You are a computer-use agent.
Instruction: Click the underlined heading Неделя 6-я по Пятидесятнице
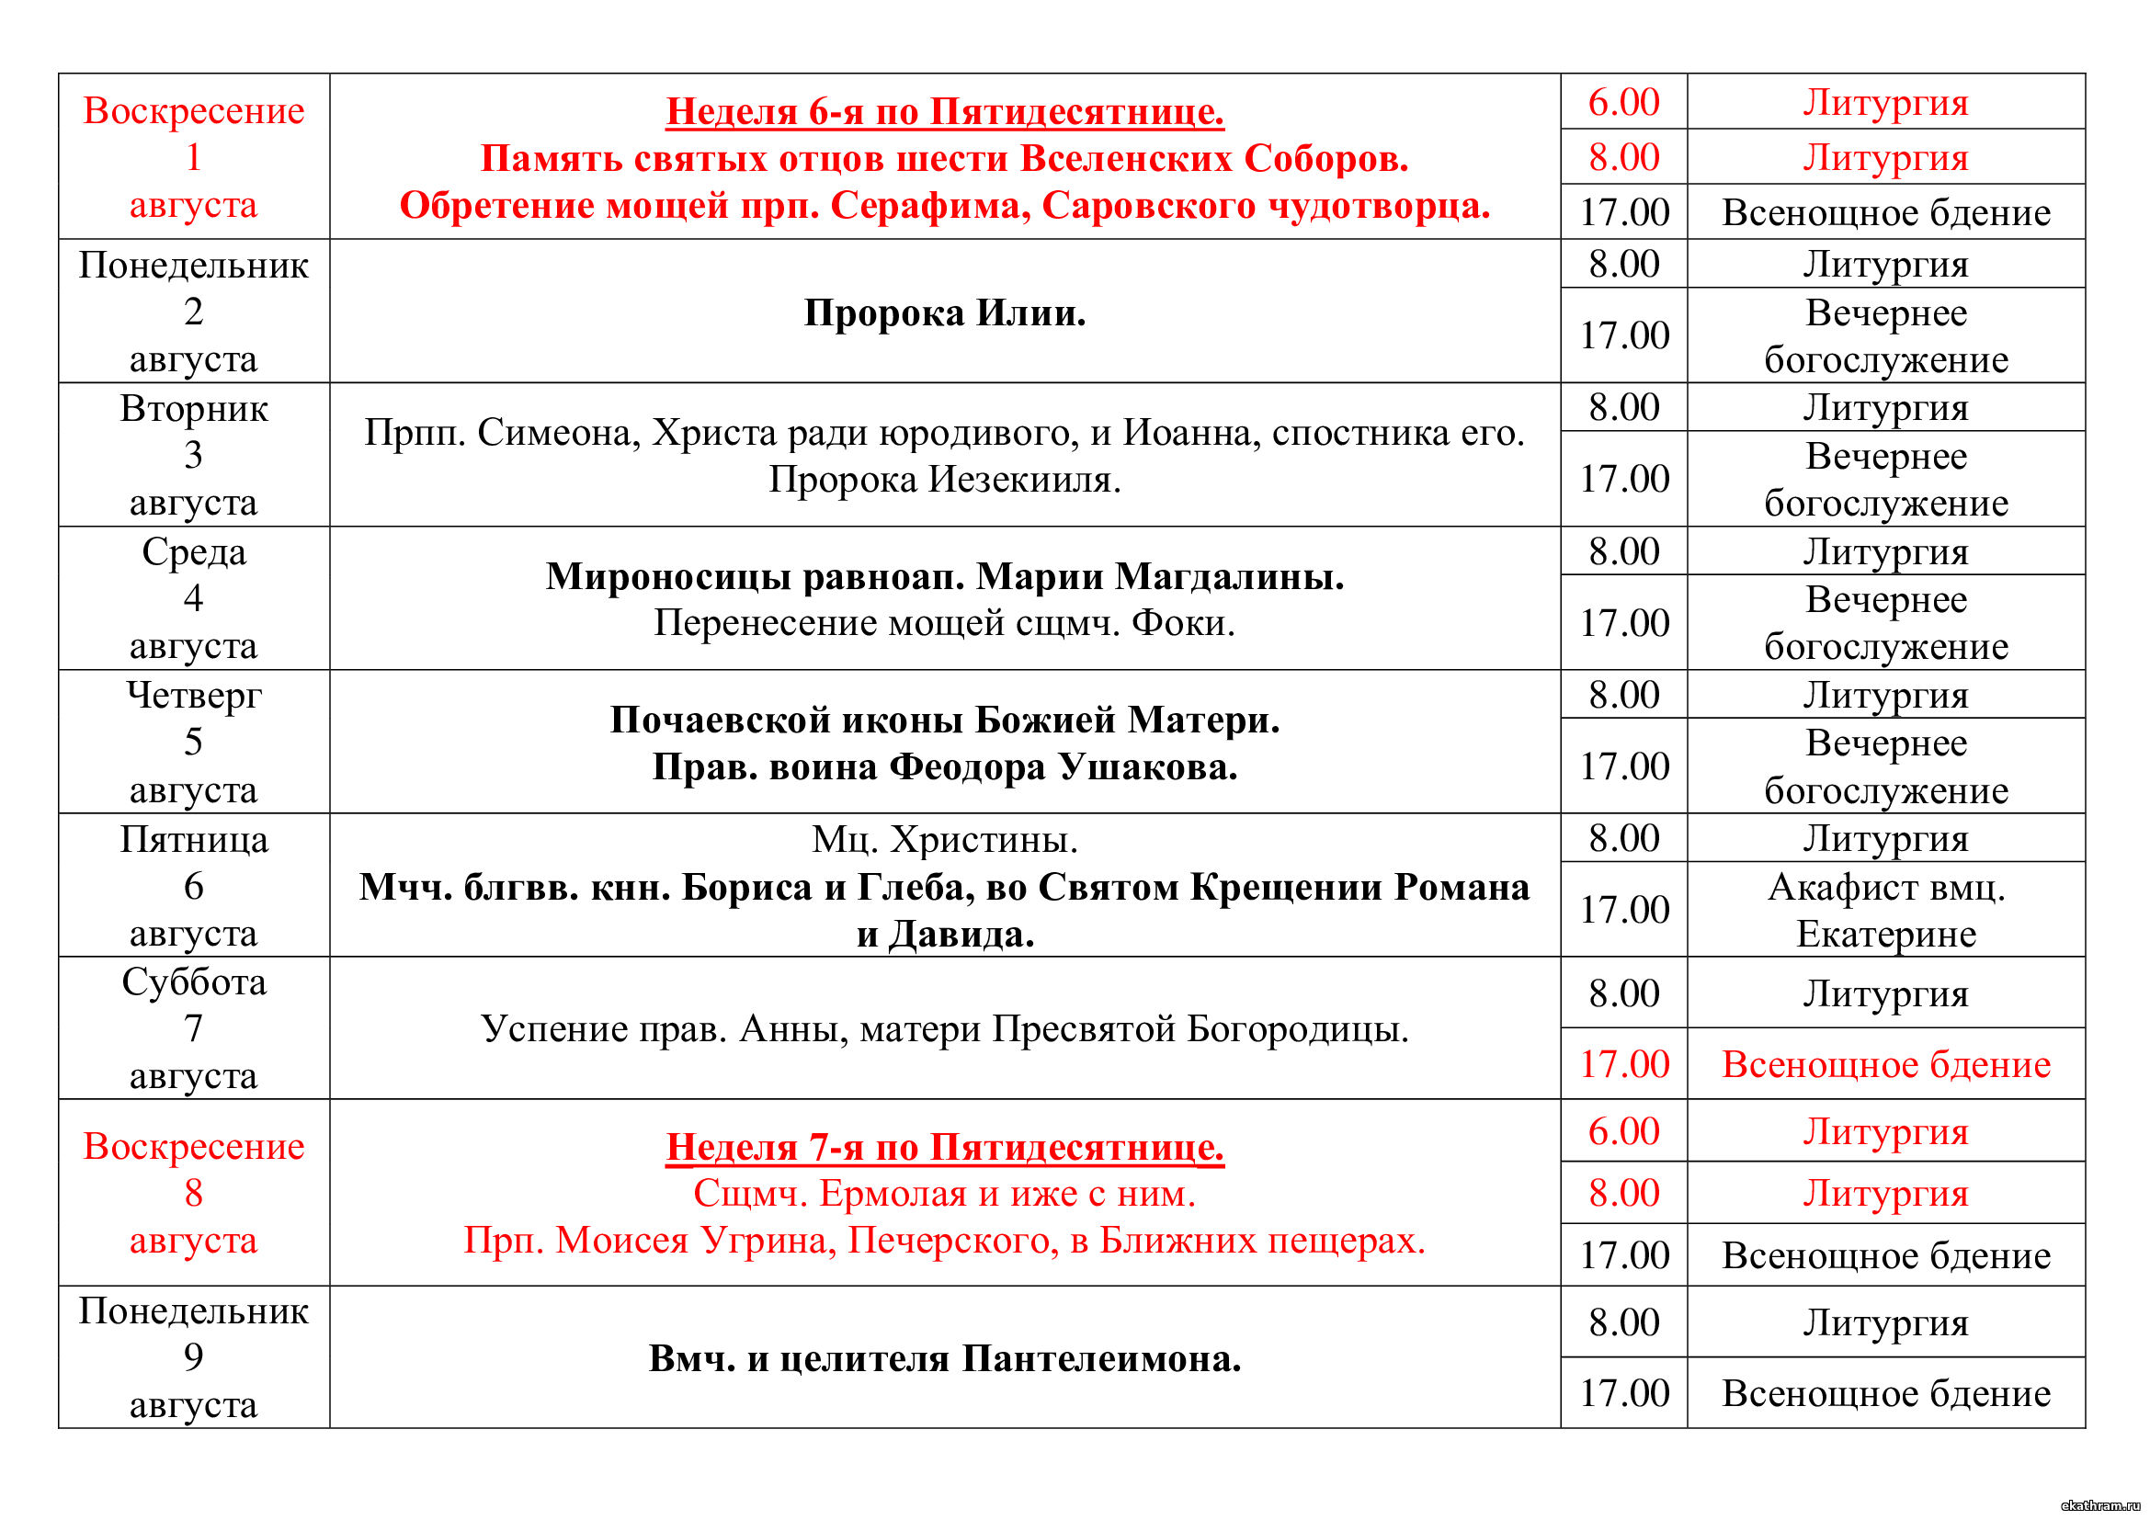pos(944,112)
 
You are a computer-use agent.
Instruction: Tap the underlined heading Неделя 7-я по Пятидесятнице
pos(944,1148)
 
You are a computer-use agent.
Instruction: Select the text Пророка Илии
pos(944,312)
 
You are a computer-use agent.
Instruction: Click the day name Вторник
pos(194,409)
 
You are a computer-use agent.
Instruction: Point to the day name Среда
pos(194,552)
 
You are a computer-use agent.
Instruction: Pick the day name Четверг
pos(194,696)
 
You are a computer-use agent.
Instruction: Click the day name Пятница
pos(194,840)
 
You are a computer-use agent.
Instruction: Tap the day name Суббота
pos(194,981)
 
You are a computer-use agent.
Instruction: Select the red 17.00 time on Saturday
pos(1623,1064)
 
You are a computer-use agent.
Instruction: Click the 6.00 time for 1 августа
pos(1623,102)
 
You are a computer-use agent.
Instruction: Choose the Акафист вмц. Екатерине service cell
pos(1886,910)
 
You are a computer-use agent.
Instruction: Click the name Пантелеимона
pos(1101,1359)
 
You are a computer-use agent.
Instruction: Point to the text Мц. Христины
pos(944,840)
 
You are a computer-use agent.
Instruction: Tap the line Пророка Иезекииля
pos(944,480)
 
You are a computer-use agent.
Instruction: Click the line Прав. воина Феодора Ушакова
pos(944,767)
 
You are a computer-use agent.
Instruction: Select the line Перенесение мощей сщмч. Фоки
pos(944,623)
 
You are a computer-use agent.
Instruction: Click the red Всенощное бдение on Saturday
pos(1886,1065)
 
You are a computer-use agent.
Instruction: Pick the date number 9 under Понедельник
pos(194,1357)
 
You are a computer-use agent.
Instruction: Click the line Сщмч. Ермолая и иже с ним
pos(944,1195)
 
